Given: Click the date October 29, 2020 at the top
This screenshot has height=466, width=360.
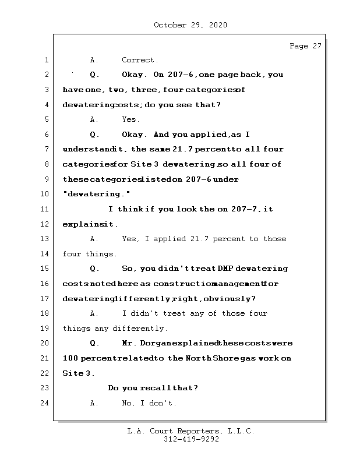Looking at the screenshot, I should coord(190,25).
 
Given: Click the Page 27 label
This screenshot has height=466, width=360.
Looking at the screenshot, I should coord(305,47).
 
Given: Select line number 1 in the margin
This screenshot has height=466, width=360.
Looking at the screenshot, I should coord(46,60).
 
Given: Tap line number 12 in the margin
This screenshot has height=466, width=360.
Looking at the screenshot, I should coord(44,224).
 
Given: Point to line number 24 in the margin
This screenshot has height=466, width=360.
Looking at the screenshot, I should coord(44,403).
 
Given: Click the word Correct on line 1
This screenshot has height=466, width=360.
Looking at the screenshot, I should coord(139,60).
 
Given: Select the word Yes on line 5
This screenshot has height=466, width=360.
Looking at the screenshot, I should coord(130,119).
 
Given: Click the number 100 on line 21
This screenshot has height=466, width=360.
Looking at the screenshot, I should coord(70,358).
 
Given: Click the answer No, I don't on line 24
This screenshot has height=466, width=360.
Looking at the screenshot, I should coord(149,403).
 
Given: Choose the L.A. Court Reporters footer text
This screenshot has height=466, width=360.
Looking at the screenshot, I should coord(191,432).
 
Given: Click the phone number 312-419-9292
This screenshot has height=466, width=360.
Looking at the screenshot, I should coord(191,440).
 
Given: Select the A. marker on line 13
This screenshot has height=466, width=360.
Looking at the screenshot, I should coord(94,239).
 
